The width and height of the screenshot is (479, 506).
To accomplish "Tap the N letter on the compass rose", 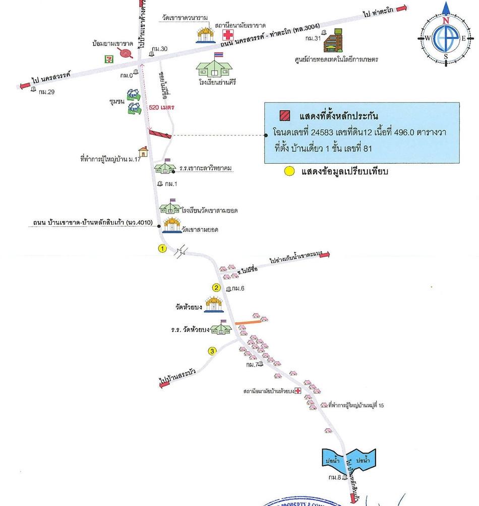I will tap(446, 21).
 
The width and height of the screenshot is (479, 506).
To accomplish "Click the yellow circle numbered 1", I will tap(162, 248).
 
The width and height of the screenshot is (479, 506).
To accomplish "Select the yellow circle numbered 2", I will tap(216, 288).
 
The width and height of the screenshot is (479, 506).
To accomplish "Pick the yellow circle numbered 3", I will tap(213, 351).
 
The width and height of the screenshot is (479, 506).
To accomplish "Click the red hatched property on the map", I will tap(160, 133).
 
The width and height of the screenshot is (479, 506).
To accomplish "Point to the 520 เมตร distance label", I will tap(161, 108).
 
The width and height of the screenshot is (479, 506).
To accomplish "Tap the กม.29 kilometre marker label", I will tap(47, 91).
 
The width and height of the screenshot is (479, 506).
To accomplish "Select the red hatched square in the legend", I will tap(284, 115).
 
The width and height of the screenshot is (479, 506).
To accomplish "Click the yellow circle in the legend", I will tap(288, 171).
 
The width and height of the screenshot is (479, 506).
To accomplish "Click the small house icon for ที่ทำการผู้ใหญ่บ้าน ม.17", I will tap(143, 151).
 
